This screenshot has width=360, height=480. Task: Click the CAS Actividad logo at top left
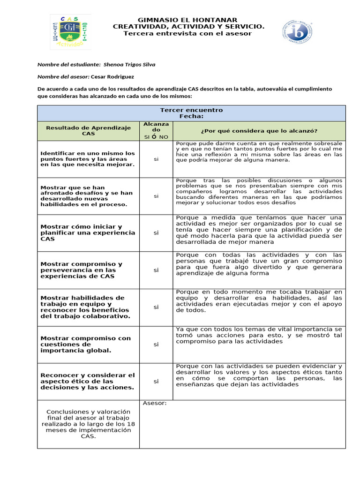click(71, 31)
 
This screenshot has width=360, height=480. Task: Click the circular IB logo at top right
click(297, 32)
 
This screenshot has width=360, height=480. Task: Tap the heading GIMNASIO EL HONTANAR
click(188, 20)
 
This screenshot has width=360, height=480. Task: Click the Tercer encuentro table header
click(191, 110)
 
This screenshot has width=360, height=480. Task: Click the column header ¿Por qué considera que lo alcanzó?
click(259, 130)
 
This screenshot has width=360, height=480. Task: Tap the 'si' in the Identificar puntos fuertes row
click(156, 159)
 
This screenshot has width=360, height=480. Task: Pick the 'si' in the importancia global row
click(156, 344)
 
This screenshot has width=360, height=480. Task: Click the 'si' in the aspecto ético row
click(156, 381)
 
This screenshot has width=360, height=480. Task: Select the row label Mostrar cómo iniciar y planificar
click(88, 232)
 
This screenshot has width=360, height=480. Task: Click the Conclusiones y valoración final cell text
click(88, 424)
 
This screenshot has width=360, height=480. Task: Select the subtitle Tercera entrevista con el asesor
click(187, 33)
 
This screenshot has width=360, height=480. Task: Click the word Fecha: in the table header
click(191, 116)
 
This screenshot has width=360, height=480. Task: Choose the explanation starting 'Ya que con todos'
click(259, 335)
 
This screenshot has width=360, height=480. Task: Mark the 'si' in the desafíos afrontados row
click(156, 196)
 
